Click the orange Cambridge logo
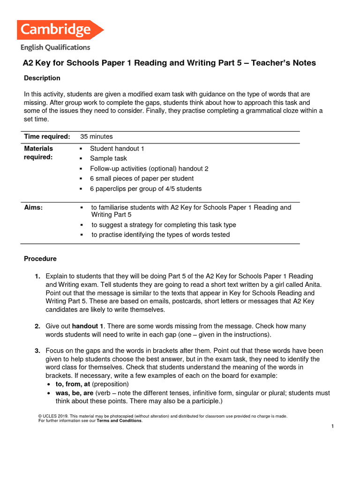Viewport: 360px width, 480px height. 60,30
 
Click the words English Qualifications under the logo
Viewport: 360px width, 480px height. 55,47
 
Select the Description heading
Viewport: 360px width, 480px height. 42,78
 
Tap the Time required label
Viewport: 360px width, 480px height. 47,136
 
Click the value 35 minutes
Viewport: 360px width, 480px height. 97,136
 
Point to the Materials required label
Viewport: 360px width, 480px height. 38,153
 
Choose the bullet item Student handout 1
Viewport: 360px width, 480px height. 117,149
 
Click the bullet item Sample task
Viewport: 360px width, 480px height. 108,158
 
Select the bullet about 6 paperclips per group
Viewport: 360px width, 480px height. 146,189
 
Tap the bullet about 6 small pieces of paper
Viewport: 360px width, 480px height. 142,179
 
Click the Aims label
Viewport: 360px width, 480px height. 33,208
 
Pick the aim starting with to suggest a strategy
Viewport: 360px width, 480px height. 164,225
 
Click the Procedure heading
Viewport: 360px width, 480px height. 40,259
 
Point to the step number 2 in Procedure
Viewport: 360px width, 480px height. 37,326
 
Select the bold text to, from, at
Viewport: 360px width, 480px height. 73,384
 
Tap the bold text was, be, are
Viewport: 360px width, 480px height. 75,393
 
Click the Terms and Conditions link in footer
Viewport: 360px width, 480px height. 119,420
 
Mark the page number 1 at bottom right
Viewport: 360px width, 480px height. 332,426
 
